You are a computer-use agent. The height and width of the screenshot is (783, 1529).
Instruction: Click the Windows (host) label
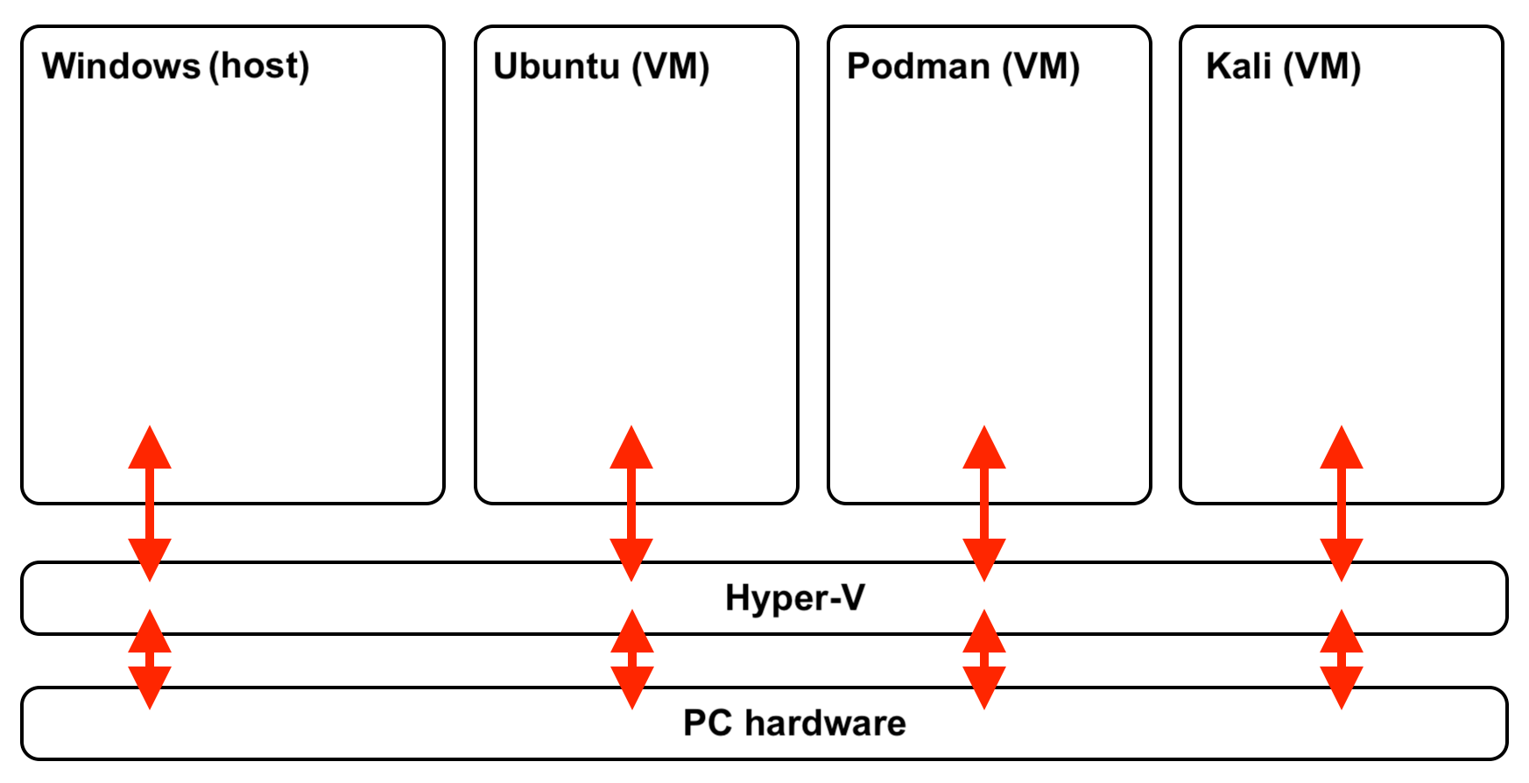click(175, 67)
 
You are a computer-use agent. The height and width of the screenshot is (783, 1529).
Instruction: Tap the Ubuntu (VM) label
click(601, 67)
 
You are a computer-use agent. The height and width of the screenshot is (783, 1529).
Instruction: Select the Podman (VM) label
click(963, 67)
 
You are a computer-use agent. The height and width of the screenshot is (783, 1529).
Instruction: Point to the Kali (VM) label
click(1283, 67)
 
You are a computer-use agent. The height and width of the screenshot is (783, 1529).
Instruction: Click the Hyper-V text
click(794, 598)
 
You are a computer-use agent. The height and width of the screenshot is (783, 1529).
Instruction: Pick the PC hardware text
click(794, 723)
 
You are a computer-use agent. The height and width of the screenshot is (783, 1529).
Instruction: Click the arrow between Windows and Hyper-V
click(150, 504)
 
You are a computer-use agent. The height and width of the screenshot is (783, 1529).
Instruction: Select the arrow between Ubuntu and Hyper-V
click(631, 504)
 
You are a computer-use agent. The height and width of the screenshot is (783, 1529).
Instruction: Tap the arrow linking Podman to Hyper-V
click(984, 504)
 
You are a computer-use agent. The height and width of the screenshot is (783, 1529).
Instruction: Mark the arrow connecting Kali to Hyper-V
click(1342, 504)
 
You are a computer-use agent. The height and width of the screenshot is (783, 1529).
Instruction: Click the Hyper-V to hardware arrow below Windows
click(150, 660)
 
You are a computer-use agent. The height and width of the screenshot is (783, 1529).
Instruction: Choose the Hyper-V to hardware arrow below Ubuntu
click(631, 660)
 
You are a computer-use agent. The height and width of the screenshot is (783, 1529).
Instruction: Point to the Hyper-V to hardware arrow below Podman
click(984, 660)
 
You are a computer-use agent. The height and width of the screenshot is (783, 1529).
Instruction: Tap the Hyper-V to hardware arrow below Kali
click(1342, 660)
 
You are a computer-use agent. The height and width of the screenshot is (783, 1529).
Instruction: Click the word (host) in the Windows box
click(259, 67)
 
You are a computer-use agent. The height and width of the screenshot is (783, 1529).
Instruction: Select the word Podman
click(918, 67)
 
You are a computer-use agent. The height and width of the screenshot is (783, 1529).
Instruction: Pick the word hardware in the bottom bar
click(825, 723)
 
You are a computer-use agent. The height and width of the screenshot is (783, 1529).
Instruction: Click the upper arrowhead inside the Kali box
click(1342, 449)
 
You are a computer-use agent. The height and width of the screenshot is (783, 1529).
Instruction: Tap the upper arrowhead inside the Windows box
click(150, 449)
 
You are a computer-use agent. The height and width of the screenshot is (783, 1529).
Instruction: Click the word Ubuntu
click(556, 67)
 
